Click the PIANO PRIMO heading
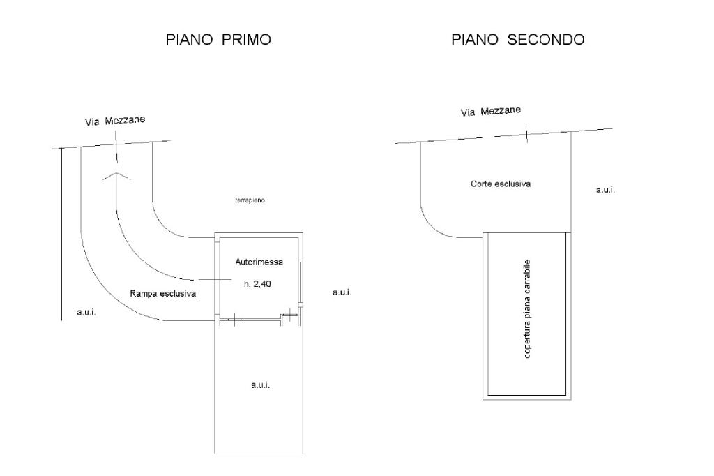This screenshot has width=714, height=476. pos(218,40)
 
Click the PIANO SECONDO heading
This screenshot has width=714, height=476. pos(517,40)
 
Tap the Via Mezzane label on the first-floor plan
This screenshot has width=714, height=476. pos(115,121)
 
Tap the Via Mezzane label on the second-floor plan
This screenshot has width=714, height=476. pos(491,111)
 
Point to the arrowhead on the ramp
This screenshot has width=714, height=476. pos(117,175)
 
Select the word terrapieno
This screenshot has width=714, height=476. pos(250,200)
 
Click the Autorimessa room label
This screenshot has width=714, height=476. pos(259,262)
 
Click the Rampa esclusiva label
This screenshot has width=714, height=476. pos(163,294)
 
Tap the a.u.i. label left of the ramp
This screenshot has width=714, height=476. pos(86,312)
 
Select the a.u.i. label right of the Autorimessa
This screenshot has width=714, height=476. pos(342,292)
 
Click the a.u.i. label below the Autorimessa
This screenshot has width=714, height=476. pos(260,385)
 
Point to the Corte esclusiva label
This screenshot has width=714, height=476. pos(501,184)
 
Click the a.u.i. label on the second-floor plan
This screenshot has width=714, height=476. pos(605,190)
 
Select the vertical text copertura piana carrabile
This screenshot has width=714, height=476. pos(528,309)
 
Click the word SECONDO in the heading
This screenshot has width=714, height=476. pos(546,40)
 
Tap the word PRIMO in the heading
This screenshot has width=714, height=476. pos(246,40)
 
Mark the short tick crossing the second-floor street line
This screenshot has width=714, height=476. pos(527,133)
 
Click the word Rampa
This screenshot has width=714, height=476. pos(144,294)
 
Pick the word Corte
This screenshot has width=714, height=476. pos(482,184)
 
